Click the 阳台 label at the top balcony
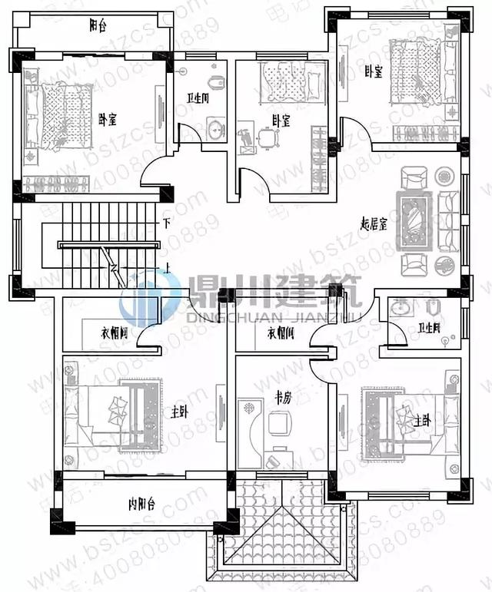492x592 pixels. click(98, 25)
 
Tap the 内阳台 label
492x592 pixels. click(141, 504)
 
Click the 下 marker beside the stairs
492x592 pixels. click(166, 223)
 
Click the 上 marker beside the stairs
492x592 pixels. click(166, 268)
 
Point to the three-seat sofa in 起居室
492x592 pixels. click(448, 221)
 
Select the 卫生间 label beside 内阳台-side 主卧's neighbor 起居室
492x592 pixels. click(428, 328)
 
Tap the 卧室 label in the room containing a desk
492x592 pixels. click(281, 121)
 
